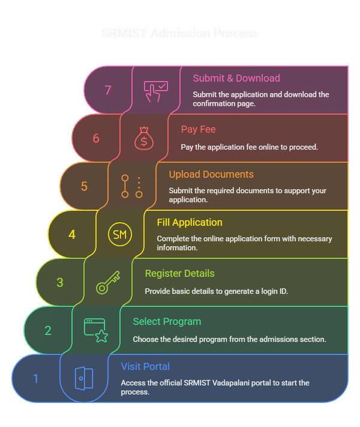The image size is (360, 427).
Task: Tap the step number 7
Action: click(x=108, y=90)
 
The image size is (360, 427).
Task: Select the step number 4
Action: click(x=72, y=234)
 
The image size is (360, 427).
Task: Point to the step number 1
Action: click(x=36, y=378)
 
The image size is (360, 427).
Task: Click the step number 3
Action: click(x=60, y=282)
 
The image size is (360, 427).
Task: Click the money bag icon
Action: click(x=144, y=138)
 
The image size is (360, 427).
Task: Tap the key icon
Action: click(x=108, y=282)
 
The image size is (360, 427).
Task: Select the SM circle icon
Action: click(x=120, y=234)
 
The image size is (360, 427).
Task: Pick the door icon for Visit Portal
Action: click(x=84, y=378)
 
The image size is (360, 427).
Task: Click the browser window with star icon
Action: click(x=96, y=330)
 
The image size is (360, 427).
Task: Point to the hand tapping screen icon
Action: click(x=155, y=91)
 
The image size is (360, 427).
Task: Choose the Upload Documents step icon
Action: click(x=132, y=186)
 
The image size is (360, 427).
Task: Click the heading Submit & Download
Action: click(x=236, y=78)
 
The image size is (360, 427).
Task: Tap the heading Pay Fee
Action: click(x=198, y=129)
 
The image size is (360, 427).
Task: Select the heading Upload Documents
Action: click(x=211, y=174)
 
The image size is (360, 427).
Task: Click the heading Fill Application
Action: click(x=190, y=222)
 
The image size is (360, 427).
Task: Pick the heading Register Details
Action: click(x=179, y=273)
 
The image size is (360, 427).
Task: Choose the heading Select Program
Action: click(x=167, y=321)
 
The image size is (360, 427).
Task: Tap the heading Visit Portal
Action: click(x=145, y=366)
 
